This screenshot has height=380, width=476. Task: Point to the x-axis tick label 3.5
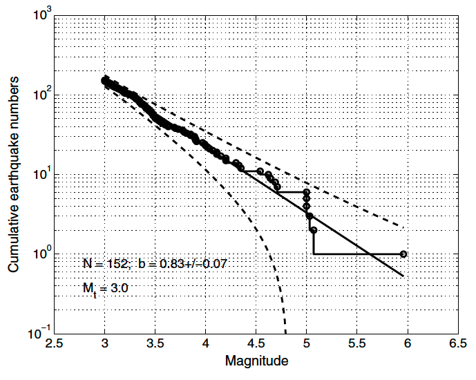click(155, 343)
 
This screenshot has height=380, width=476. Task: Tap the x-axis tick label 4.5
click(256, 343)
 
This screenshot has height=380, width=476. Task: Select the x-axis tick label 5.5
click(356, 343)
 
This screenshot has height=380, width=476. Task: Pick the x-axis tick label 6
click(407, 343)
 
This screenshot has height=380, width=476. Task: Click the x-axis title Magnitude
click(256, 361)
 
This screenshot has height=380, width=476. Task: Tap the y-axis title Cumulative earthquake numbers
click(14, 174)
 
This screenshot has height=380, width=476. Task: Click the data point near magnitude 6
click(403, 254)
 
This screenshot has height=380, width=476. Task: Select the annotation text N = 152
click(104, 263)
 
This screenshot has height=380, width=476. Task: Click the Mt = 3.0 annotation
click(104, 285)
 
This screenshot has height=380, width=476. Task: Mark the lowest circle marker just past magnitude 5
click(314, 230)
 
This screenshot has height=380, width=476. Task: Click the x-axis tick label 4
click(205, 343)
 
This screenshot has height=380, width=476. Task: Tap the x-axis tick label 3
click(104, 343)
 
